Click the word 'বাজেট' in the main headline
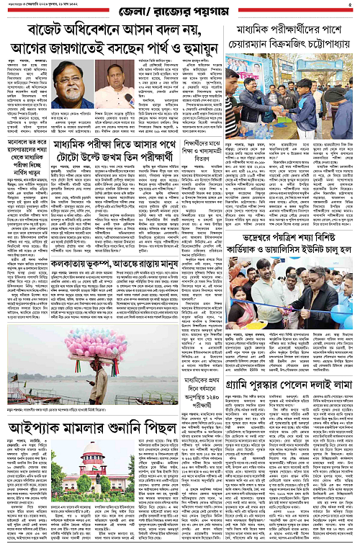[49, 32]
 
